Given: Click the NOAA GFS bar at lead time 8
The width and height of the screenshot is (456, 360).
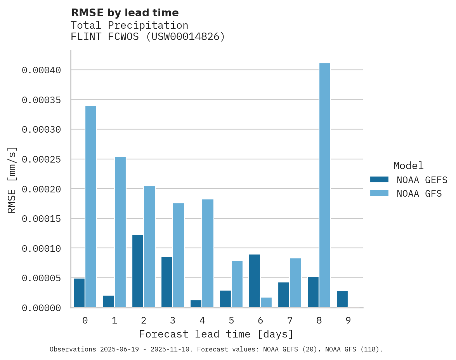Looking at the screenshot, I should [x=325, y=185].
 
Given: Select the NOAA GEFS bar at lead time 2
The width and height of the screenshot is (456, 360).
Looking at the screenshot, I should [x=138, y=271].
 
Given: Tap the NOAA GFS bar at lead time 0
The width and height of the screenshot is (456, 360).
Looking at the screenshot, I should [x=91, y=206].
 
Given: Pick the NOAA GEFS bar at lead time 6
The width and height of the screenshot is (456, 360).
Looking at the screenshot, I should [x=255, y=281].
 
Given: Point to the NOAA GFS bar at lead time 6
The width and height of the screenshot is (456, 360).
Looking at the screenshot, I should [x=266, y=303].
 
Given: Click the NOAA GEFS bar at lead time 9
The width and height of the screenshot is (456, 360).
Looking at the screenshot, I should [x=342, y=299].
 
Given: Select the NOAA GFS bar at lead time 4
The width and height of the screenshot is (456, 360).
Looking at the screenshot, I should [x=208, y=253].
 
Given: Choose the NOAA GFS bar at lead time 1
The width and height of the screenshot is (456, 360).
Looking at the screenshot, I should [x=120, y=232].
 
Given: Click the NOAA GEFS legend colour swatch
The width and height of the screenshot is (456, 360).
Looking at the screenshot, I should [x=379, y=179].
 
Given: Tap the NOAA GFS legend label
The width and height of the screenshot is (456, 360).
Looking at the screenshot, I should [x=419, y=194].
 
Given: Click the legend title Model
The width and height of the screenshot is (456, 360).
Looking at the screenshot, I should [x=408, y=166].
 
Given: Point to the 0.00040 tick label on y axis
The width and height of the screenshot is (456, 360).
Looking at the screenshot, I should [x=42, y=70].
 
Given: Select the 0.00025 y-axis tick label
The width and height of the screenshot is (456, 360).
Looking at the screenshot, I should [x=42, y=159].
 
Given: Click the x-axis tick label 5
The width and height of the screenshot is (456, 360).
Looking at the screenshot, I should [x=231, y=321].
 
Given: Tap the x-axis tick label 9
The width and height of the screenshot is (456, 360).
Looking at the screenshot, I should [x=348, y=321].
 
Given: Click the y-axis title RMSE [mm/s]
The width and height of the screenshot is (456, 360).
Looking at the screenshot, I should [x=12, y=180].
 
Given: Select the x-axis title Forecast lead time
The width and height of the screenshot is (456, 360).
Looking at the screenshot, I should [x=216, y=334].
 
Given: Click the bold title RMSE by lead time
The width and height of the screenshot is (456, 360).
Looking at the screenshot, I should [x=125, y=13].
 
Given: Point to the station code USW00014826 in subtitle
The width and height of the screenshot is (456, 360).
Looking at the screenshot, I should [x=184, y=37].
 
